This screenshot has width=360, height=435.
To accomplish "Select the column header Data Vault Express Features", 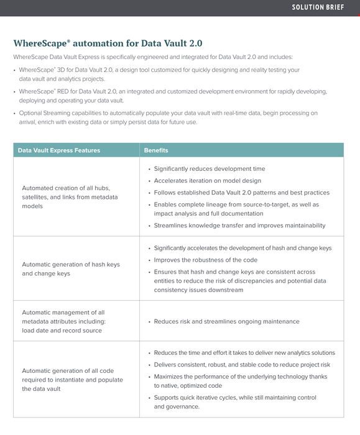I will (x=59, y=150).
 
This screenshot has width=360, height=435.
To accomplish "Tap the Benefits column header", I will (x=156, y=150).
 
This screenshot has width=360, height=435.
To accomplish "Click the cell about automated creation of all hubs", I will (x=70, y=196).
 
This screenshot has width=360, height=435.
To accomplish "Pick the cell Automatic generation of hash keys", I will (x=70, y=268).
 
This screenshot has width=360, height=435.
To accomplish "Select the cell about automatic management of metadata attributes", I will (x=63, y=321).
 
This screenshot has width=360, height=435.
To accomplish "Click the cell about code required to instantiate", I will (x=72, y=379).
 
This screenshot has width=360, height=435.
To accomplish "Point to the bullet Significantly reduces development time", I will (x=209, y=169).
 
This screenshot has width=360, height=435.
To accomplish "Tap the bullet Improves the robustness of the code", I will (x=205, y=260).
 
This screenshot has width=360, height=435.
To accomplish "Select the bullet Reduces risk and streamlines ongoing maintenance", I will (x=226, y=321).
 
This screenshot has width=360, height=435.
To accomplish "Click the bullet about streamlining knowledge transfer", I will (x=239, y=226).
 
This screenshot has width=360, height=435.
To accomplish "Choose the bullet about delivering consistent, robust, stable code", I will (x=242, y=365).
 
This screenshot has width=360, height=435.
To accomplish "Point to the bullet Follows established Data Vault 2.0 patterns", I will (x=241, y=193).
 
